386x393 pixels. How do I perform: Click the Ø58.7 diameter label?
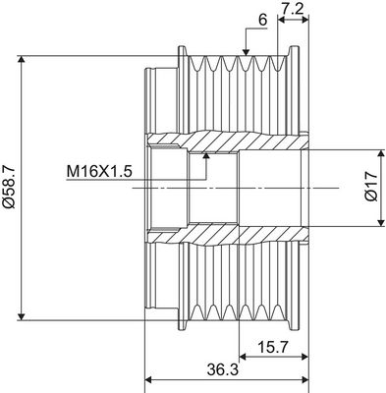(9, 188)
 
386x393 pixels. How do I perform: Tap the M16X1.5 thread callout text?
(99, 171)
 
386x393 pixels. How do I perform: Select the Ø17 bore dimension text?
(371, 186)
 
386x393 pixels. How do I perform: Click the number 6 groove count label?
(263, 20)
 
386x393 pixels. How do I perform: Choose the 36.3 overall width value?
(223, 370)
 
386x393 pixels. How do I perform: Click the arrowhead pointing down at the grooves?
(246, 52)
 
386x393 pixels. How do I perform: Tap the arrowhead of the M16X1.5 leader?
(206, 155)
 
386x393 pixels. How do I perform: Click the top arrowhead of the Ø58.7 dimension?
(22, 59)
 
